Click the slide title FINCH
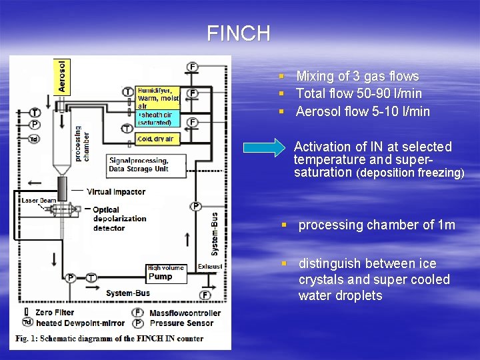pyautogui.click(x=238, y=33)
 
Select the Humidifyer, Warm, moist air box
pyautogui.click(x=157, y=97)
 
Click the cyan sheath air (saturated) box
pyautogui.click(x=157, y=118)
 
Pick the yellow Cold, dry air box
pyautogui.click(x=156, y=139)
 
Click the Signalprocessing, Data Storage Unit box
pyautogui.click(x=139, y=165)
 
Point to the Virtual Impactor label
pyautogui.click(x=115, y=192)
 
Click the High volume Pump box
pyautogui.click(x=165, y=273)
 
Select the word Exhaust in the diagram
pyautogui.click(x=211, y=267)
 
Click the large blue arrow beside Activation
pyautogui.click(x=263, y=147)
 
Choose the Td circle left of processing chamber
pyautogui.click(x=34, y=139)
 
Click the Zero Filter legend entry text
pyautogui.click(x=55, y=312)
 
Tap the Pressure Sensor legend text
pyautogui.click(x=181, y=323)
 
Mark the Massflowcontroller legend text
pyautogui.click(x=185, y=313)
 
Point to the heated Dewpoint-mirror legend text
pyautogui.click(x=73, y=323)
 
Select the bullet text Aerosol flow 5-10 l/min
pyautogui.click(x=363, y=111)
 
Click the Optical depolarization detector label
pyautogui.click(x=119, y=219)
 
